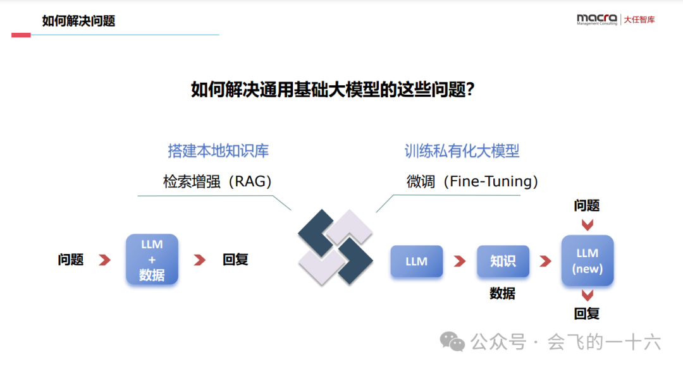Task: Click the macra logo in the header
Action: (596, 20)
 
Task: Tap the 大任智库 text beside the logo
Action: (639, 20)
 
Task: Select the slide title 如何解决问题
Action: (78, 21)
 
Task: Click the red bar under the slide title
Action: (21, 35)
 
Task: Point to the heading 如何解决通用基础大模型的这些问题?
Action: (333, 90)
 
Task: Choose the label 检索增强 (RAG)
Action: (218, 182)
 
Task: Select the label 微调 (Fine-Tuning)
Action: (472, 182)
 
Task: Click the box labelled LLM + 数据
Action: (152, 259)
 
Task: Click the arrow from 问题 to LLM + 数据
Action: (105, 260)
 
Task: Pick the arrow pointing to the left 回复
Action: (200, 260)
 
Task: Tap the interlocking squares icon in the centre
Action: (335, 246)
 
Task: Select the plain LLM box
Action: (416, 261)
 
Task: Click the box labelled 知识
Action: (503, 261)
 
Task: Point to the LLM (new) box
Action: (588, 260)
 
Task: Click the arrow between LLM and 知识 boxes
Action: (459, 261)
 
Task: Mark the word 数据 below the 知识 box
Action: (503, 294)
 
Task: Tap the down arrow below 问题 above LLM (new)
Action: (588, 224)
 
